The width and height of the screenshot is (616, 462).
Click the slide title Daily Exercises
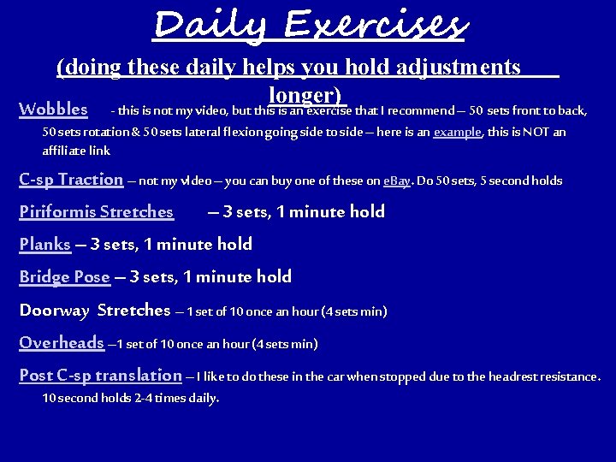pos(309,24)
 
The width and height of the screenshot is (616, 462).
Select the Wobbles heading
pos(53,110)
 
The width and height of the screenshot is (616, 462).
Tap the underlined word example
pos(458,133)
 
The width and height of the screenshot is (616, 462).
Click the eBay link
pos(397,181)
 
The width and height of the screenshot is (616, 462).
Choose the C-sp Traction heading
pos(71,179)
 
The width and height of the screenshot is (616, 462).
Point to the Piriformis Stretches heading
pos(96,211)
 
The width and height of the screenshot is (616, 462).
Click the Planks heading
pos(44,244)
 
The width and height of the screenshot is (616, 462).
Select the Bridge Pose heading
pos(64,276)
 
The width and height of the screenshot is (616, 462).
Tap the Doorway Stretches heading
pos(94,310)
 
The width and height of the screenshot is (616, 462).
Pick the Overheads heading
pos(61,342)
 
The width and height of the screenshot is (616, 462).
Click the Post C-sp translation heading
pos(100,375)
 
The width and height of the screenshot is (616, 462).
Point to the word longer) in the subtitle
pos(305,94)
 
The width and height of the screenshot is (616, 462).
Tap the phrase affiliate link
pos(76,150)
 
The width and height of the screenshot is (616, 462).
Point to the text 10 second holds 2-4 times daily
pos(131,398)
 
